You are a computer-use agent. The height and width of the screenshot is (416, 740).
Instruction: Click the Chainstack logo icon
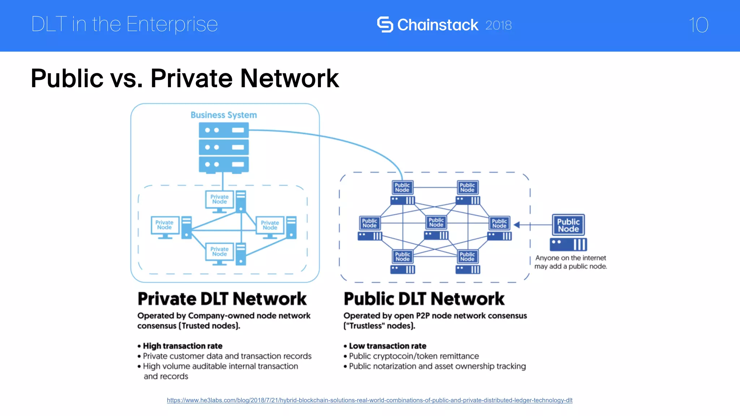click(x=385, y=25)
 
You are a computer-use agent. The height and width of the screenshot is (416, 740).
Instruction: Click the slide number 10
click(x=698, y=25)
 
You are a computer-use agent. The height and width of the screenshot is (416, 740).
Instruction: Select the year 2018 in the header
click(x=498, y=25)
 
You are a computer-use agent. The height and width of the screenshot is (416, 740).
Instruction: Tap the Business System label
click(x=224, y=115)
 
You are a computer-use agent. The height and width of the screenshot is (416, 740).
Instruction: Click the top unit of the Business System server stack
click(x=224, y=130)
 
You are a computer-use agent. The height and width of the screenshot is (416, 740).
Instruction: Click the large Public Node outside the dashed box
click(x=568, y=225)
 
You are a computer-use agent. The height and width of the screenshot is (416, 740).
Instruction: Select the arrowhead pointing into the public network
click(x=517, y=225)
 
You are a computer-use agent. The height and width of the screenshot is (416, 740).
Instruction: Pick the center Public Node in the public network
click(x=436, y=222)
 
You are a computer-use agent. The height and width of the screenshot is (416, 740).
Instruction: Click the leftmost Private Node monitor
click(x=165, y=225)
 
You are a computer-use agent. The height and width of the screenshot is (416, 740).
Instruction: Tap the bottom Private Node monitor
click(x=220, y=252)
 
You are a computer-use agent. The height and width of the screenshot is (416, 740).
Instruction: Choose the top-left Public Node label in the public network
click(x=402, y=187)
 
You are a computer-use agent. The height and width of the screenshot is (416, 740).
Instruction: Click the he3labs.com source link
click(x=369, y=400)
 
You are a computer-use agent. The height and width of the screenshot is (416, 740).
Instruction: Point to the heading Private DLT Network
click(x=222, y=299)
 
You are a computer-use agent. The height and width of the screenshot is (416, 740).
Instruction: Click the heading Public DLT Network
click(x=424, y=299)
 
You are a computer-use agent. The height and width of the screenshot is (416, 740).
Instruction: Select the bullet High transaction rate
click(x=182, y=346)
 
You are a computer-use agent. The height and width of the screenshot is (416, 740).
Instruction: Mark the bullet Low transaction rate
click(x=387, y=346)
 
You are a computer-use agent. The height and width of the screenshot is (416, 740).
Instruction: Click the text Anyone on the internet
click(x=571, y=258)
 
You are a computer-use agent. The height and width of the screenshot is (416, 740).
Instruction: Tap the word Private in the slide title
click(x=191, y=78)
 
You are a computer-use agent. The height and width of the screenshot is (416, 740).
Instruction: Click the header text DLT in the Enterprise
click(x=124, y=25)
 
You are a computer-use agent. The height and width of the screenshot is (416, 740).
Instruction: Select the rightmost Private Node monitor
click(x=270, y=225)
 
